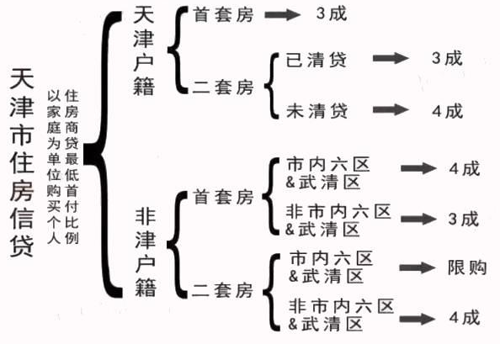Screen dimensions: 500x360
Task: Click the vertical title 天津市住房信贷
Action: point(22,162)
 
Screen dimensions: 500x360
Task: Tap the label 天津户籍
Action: point(143,50)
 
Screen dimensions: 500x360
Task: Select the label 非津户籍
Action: point(146,251)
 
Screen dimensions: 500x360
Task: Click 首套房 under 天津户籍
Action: point(223,14)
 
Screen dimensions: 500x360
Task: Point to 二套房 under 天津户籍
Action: point(223,87)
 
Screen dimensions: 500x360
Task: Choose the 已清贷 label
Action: point(316,60)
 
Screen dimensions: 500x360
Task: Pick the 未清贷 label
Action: point(316,110)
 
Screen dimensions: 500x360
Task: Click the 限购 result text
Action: point(467,267)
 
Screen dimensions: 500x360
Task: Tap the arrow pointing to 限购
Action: point(418,267)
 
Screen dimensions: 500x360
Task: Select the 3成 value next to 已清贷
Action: point(447,58)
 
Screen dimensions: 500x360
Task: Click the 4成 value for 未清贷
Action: point(447,111)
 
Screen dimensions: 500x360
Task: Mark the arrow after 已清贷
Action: point(391,58)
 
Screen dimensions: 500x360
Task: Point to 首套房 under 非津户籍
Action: point(223,197)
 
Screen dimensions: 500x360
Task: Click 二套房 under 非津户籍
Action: point(222,290)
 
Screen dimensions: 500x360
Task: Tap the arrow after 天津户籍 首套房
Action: point(283,14)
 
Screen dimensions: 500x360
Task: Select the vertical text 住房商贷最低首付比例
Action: point(72,167)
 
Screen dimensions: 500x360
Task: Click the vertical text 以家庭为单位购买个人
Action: point(54,167)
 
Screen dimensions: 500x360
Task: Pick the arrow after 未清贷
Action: point(391,109)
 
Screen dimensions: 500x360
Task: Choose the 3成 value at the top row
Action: point(332,13)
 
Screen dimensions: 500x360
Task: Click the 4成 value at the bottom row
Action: point(465,318)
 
